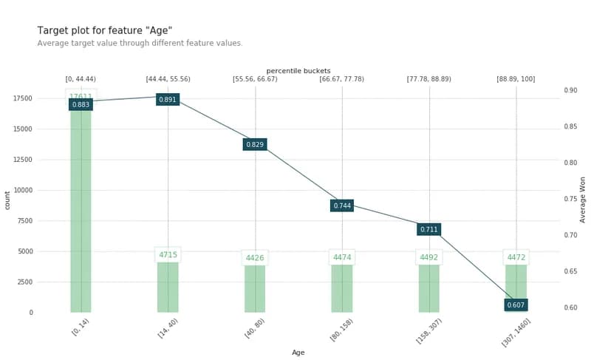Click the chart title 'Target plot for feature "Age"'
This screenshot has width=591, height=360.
pyautogui.click(x=104, y=30)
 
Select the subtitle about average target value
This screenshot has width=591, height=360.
pyautogui.click(x=140, y=44)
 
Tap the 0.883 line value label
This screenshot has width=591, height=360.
pyautogui.click(x=81, y=105)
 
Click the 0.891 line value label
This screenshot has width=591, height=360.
pyautogui.click(x=168, y=99)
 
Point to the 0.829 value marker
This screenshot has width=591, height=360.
pyautogui.click(x=255, y=144)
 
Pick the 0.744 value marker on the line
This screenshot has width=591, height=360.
pyautogui.click(x=342, y=206)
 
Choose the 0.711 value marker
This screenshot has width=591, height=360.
pyautogui.click(x=429, y=229)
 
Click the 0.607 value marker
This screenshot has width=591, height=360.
pyautogui.click(x=516, y=305)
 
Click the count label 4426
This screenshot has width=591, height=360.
pyautogui.click(x=255, y=258)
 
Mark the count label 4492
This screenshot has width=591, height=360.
pyautogui.click(x=429, y=257)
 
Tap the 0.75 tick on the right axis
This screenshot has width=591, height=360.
pyautogui.click(x=571, y=199)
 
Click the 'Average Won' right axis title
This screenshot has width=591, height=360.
pyautogui.click(x=582, y=200)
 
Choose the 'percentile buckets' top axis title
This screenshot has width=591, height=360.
pyautogui.click(x=298, y=71)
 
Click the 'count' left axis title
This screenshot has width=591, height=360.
pyautogui.click(x=8, y=200)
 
